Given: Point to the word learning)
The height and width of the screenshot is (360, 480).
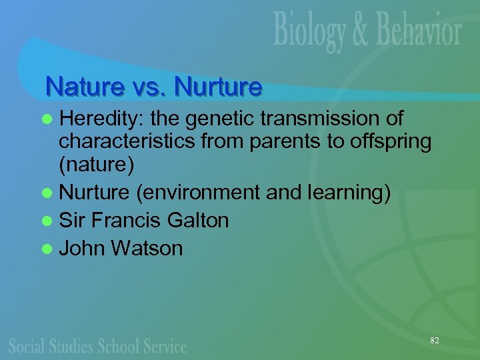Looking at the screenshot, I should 347,192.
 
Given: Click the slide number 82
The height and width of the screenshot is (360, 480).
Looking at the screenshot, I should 435,341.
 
